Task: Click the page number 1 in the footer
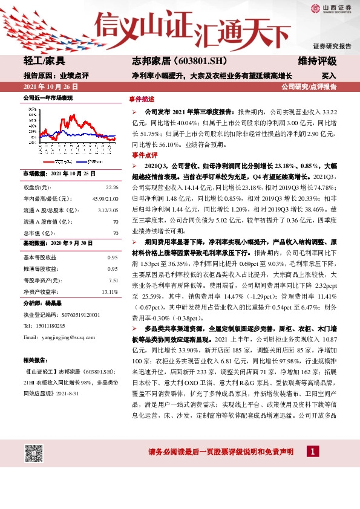point(312,452)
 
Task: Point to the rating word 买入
point(329,77)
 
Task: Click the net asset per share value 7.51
point(113,264)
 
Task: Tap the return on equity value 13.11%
point(110,274)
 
